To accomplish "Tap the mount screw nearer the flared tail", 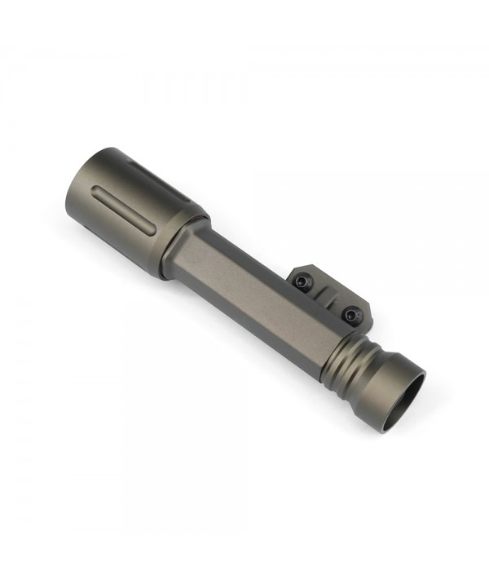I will click(351, 312).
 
